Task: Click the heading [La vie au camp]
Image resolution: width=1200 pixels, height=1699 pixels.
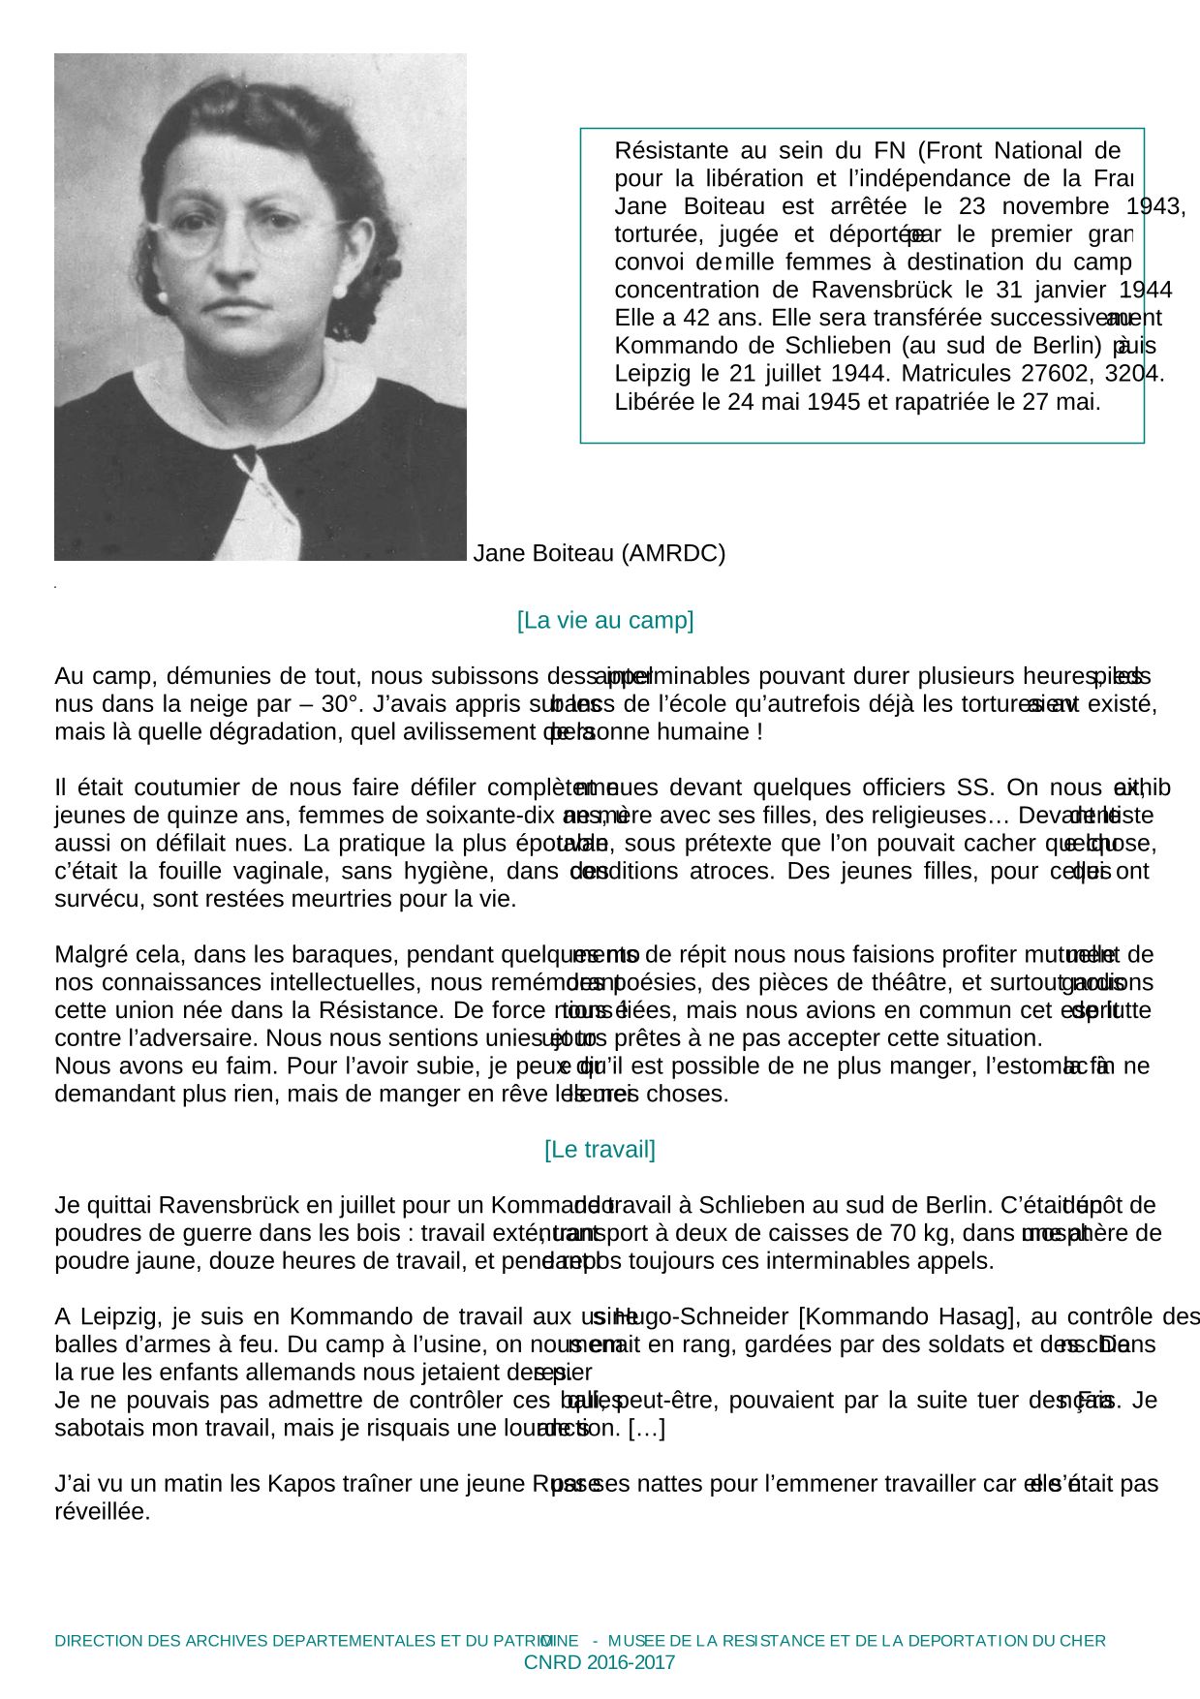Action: click(x=605, y=621)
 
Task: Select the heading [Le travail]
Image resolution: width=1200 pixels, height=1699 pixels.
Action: click(x=600, y=1150)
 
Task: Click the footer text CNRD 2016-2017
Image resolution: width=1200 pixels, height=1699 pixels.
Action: click(x=599, y=1663)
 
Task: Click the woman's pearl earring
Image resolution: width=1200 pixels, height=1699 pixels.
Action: click(x=340, y=292)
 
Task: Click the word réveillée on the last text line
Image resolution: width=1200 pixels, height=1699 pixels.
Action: click(x=103, y=1512)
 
